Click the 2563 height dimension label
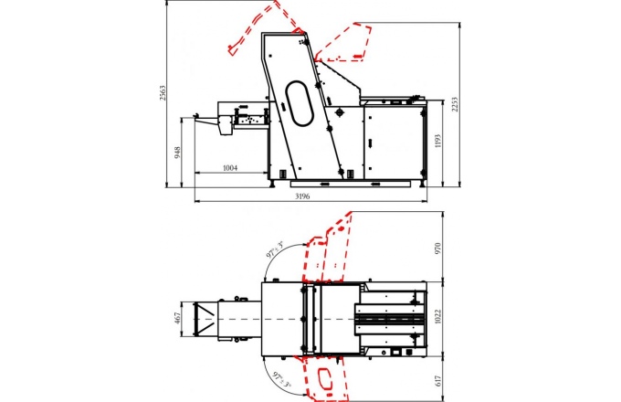[x=163, y=92]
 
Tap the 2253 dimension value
[x=455, y=104]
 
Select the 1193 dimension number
[x=437, y=142]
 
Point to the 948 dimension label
[x=177, y=153]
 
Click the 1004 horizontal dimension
[x=230, y=168]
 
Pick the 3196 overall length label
[x=302, y=196]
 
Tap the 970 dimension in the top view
[x=437, y=249]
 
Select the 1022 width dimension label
[x=437, y=317]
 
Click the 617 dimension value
[x=437, y=381]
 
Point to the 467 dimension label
[x=177, y=318]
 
